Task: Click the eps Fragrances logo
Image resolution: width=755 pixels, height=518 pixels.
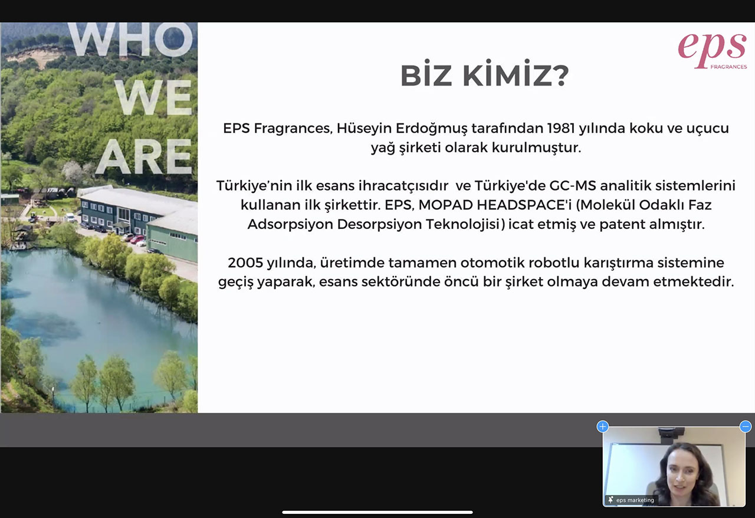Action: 712,51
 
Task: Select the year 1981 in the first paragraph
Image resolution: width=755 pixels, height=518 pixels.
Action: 561,128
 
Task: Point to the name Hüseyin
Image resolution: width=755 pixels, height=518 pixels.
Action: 364,129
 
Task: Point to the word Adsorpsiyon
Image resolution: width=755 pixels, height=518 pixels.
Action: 290,225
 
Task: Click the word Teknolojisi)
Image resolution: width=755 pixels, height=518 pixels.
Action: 465,225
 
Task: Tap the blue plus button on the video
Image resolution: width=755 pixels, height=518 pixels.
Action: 603,427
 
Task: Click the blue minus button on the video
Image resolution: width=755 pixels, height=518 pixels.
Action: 745,427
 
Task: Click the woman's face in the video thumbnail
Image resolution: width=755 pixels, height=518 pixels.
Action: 680,474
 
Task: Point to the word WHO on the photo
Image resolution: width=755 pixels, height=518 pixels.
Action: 132,39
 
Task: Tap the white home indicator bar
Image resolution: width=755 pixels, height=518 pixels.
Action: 377,512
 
